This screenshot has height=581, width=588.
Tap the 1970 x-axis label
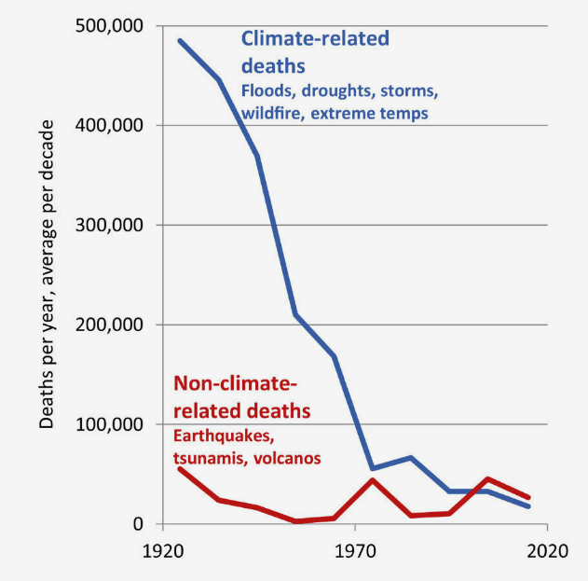coord(354,551)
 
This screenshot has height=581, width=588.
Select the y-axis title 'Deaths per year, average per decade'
coord(48,275)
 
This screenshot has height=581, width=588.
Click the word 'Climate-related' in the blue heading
coord(315,39)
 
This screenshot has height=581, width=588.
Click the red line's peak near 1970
coord(373,479)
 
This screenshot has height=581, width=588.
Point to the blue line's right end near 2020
coord(528,506)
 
